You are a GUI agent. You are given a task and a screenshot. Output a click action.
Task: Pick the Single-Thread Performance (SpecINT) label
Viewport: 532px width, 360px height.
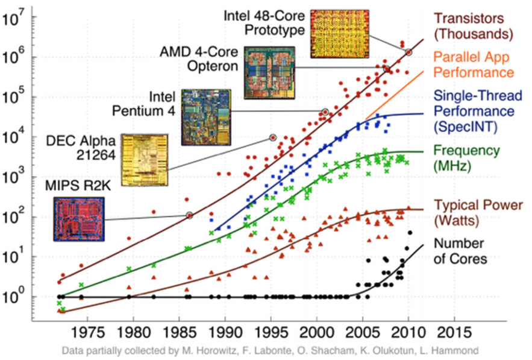(474, 112)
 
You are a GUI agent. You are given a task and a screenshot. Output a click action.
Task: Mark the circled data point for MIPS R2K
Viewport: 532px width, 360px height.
(189, 215)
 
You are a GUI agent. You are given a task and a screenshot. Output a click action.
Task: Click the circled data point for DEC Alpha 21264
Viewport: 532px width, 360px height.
(273, 137)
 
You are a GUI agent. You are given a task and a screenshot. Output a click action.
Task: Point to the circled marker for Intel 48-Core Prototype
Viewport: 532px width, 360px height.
(408, 52)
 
